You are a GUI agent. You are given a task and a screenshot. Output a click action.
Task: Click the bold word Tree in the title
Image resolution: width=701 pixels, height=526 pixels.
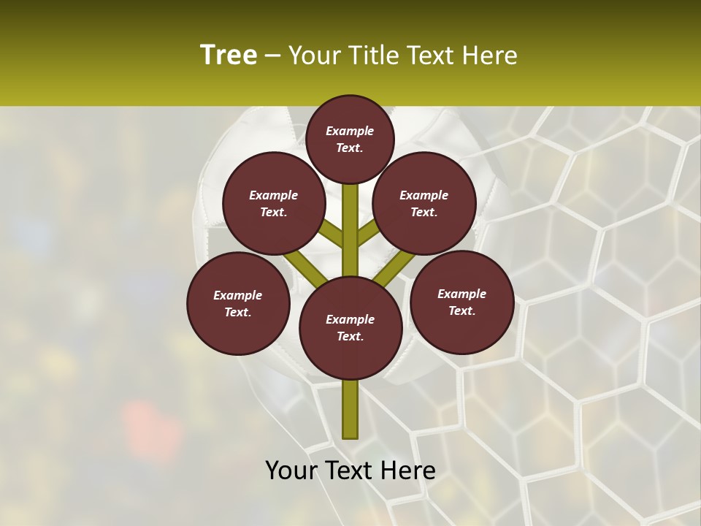pyautogui.click(x=229, y=56)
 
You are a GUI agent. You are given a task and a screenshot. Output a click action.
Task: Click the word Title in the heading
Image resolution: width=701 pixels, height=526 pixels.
pyautogui.click(x=375, y=56)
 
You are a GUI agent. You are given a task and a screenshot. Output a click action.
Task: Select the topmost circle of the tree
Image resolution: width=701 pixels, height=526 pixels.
pyautogui.click(x=350, y=139)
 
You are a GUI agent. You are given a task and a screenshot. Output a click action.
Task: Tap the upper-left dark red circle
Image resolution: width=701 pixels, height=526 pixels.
pyautogui.click(x=274, y=203)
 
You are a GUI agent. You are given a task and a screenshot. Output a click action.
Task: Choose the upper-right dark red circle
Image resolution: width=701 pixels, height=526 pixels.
pyautogui.click(x=424, y=203)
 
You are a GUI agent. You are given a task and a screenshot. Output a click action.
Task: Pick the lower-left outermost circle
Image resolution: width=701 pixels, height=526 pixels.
pyautogui.click(x=238, y=303)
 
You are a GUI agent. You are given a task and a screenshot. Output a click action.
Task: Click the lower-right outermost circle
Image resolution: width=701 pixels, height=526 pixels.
pyautogui.click(x=462, y=302)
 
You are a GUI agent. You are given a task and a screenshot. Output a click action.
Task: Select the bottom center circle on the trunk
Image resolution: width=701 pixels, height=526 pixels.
pyautogui.click(x=350, y=328)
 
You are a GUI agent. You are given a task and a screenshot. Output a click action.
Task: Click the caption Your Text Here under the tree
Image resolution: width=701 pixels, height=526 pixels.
pyautogui.click(x=350, y=470)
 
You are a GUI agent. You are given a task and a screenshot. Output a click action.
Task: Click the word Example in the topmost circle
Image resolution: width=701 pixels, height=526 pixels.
pyautogui.click(x=350, y=131)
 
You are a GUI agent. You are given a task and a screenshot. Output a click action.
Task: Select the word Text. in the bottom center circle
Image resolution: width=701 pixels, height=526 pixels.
pyautogui.click(x=350, y=337)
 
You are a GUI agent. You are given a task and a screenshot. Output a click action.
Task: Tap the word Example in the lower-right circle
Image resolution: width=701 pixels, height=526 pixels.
pyautogui.click(x=461, y=294)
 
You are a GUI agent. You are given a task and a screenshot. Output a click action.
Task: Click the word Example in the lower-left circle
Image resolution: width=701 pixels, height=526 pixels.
pyautogui.click(x=237, y=295)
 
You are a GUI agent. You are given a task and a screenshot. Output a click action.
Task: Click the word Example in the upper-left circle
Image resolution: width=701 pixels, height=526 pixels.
pyautogui.click(x=273, y=195)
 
